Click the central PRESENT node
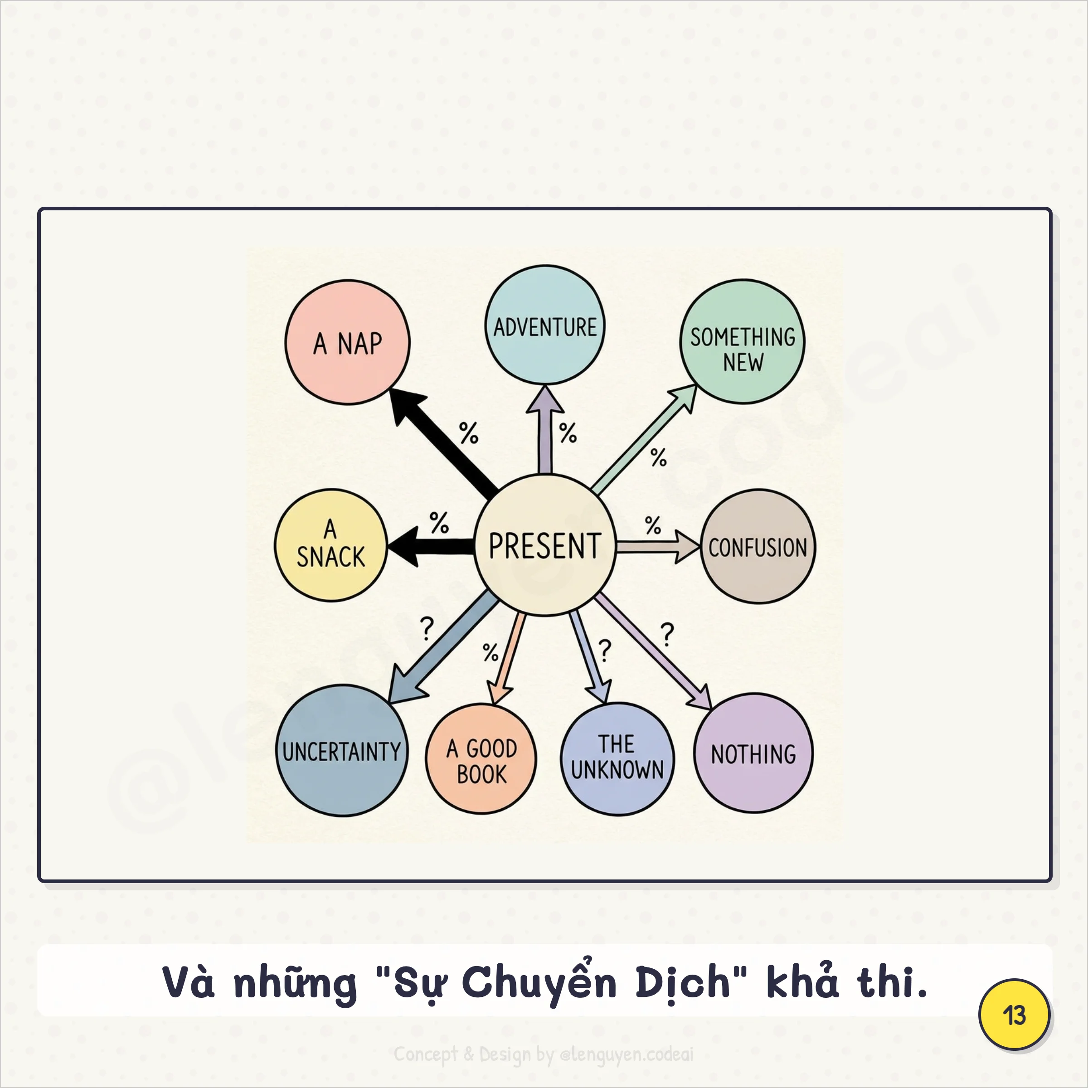point(544,545)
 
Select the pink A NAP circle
point(347,342)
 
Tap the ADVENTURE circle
point(544,325)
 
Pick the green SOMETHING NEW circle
point(742,342)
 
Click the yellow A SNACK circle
point(330,545)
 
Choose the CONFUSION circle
point(758,546)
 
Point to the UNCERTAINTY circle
point(342,751)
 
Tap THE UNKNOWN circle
point(617,758)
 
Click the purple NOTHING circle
point(753,753)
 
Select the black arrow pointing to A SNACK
point(431,546)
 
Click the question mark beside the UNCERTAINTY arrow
point(427,628)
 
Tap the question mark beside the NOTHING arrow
point(667,634)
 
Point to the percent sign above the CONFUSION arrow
point(653,525)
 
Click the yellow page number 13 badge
point(1014,1015)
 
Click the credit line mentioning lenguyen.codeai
point(544,1054)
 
